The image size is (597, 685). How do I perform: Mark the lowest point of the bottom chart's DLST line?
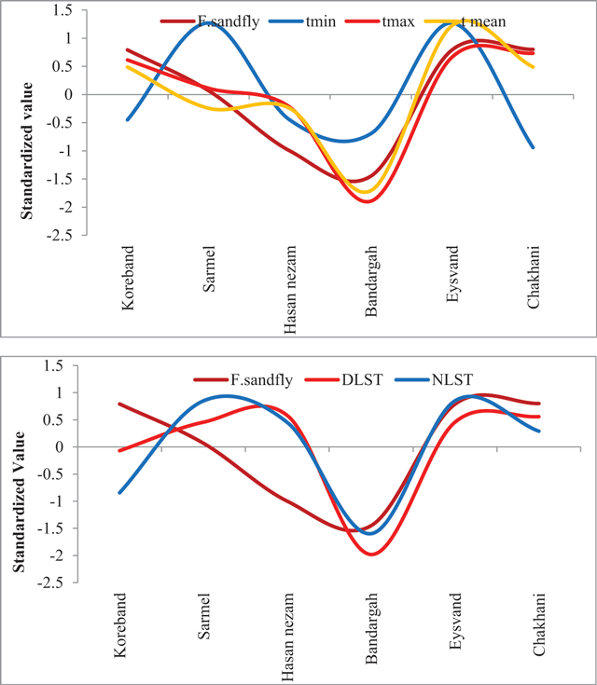(372, 554)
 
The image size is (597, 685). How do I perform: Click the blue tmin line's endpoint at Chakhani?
(533, 147)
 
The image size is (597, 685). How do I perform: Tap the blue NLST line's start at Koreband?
(120, 492)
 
